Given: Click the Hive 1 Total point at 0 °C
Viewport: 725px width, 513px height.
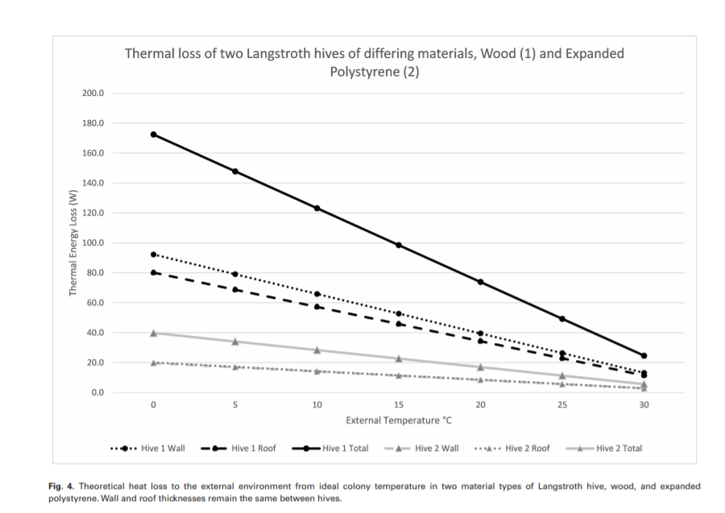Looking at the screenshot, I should (x=153, y=134).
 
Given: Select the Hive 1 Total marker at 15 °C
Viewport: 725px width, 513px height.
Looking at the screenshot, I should (x=399, y=245).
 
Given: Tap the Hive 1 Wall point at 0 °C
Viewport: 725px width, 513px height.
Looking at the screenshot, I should (x=153, y=254).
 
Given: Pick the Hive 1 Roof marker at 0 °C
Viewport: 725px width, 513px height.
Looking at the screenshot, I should (x=153, y=272).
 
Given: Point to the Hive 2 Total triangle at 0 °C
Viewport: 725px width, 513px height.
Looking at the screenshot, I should (x=153, y=333).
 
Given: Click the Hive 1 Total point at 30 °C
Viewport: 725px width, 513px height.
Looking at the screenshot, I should (x=644, y=355).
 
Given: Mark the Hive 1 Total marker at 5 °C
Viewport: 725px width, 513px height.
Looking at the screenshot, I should (x=235, y=172).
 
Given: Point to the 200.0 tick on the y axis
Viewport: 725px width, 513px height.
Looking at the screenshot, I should (x=93, y=93).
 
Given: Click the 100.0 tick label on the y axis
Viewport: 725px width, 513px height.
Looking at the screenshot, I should (x=93, y=243).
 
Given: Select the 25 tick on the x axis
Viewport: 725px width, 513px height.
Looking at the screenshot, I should (x=562, y=405).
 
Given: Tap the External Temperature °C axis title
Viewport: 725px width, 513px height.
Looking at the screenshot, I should (x=398, y=420).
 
